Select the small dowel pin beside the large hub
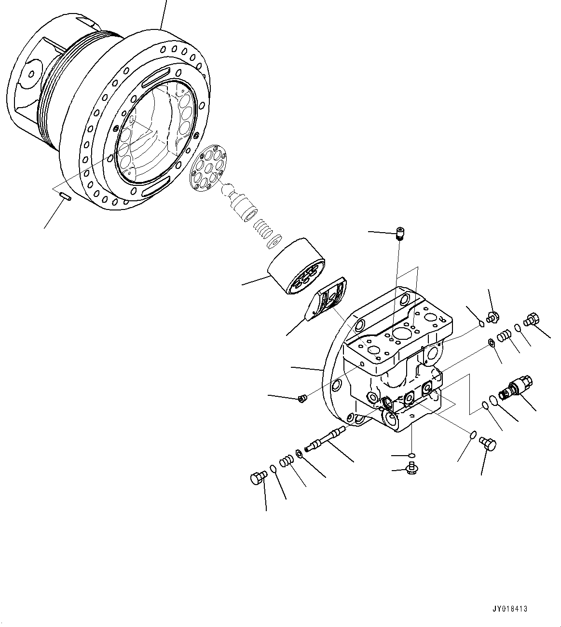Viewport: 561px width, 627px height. pyautogui.click(x=66, y=195)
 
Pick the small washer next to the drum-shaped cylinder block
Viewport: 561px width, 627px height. pyautogui.click(x=275, y=241)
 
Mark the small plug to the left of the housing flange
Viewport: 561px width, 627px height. pyautogui.click(x=302, y=398)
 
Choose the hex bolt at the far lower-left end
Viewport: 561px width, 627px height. pyautogui.click(x=258, y=478)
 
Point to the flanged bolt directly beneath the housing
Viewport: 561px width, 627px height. pyautogui.click(x=412, y=467)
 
